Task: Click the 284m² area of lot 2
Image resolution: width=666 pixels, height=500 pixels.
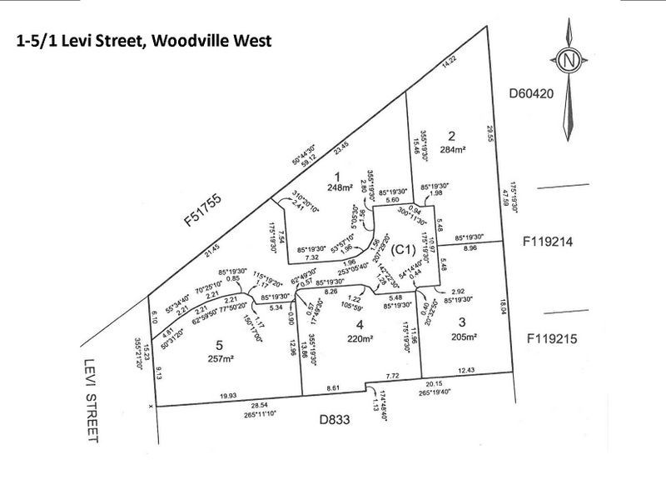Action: pyautogui.click(x=453, y=150)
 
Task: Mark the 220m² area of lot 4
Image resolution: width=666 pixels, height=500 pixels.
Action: pyautogui.click(x=359, y=339)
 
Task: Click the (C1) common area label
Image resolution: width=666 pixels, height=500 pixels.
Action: pyautogui.click(x=405, y=248)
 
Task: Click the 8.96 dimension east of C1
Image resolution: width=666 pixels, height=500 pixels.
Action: pyautogui.click(x=468, y=247)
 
